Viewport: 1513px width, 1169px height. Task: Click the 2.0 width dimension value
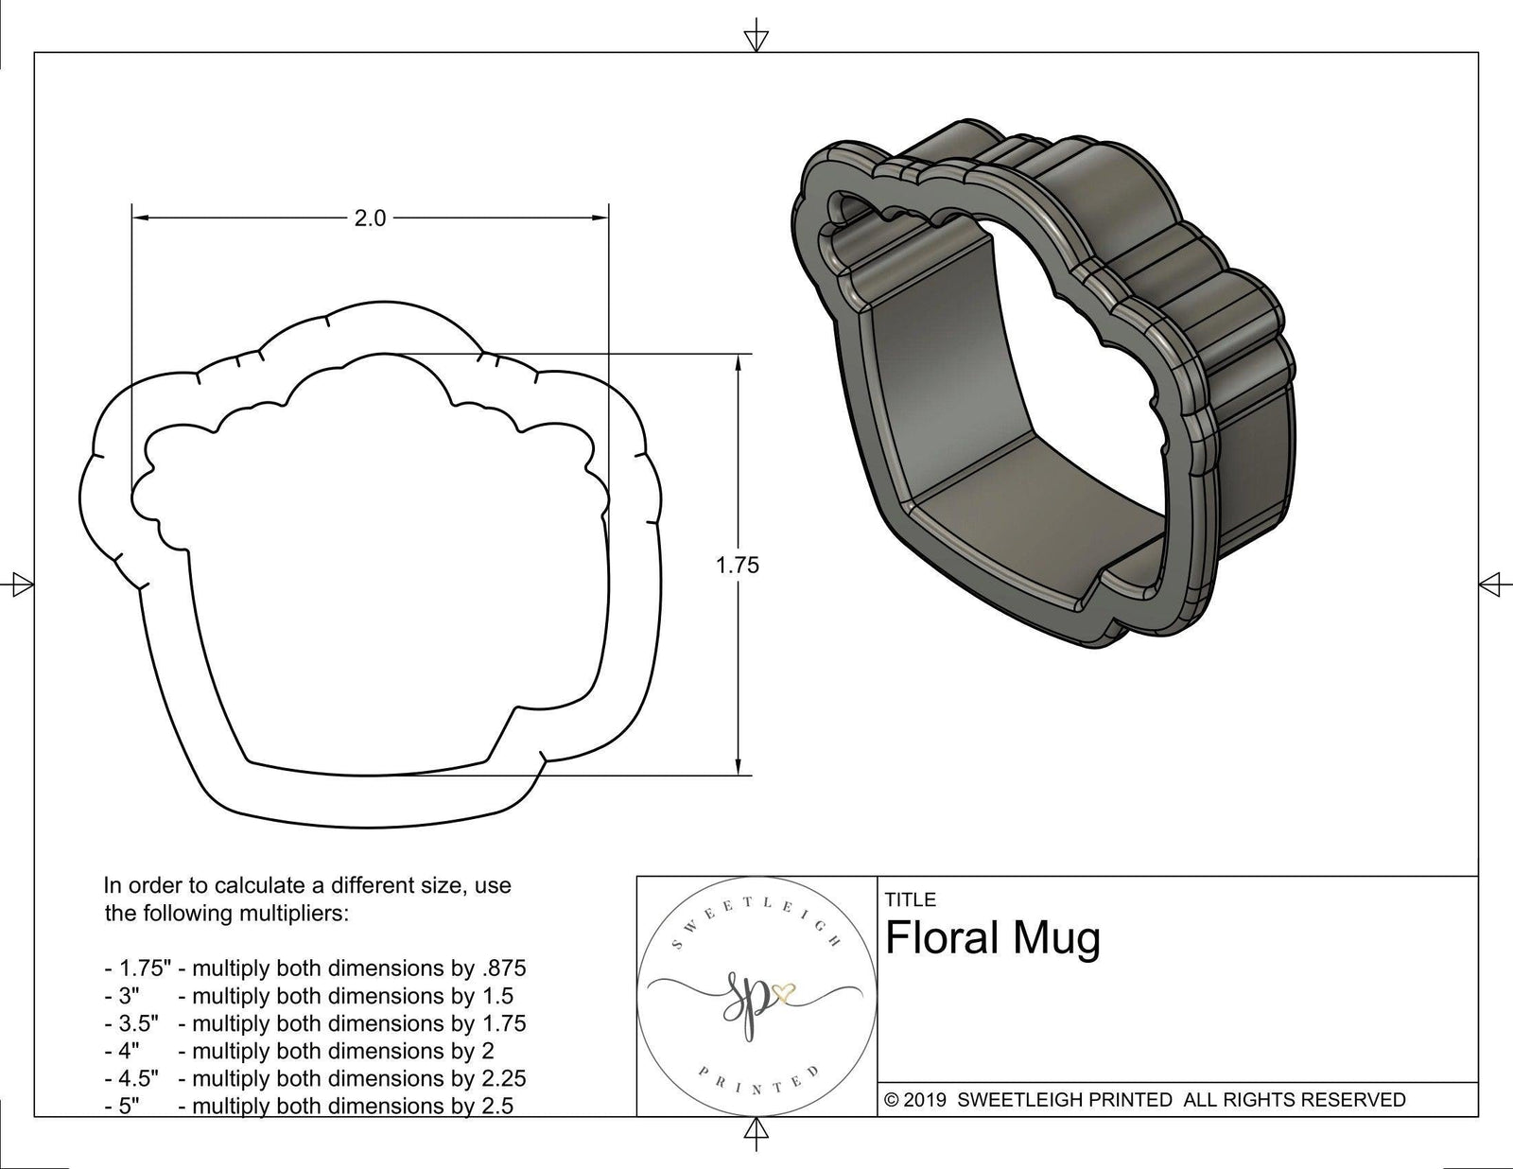click(370, 218)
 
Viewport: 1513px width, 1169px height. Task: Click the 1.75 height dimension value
click(738, 566)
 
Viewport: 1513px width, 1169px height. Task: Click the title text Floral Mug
click(993, 939)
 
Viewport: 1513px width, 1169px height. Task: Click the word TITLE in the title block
click(911, 899)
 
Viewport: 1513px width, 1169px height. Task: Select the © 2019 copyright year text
click(915, 1100)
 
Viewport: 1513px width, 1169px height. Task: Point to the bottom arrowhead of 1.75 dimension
click(738, 768)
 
